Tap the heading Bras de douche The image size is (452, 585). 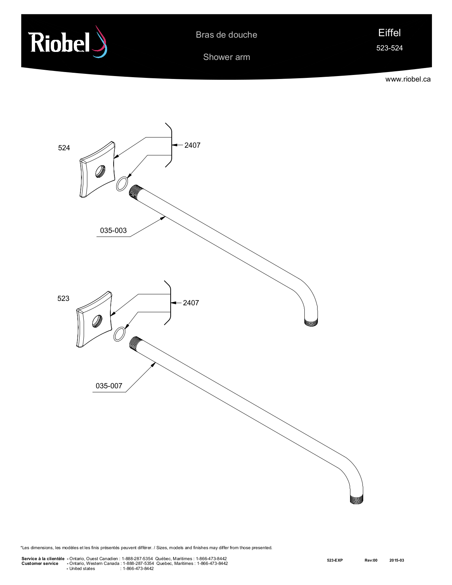pyautogui.click(x=226, y=35)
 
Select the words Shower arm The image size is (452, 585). pyautogui.click(x=227, y=57)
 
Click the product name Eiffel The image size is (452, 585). pyautogui.click(x=389, y=33)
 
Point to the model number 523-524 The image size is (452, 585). pyautogui.click(x=389, y=48)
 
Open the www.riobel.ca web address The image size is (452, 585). pyautogui.click(x=408, y=79)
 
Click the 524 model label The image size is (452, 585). pyautogui.click(x=64, y=148)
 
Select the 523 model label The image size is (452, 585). pyautogui.click(x=63, y=298)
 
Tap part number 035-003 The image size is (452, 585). pyautogui.click(x=113, y=230)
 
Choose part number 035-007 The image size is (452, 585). pyautogui.click(x=109, y=386)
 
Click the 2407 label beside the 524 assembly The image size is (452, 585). pyautogui.click(x=192, y=146)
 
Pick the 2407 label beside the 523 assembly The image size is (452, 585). pyautogui.click(x=191, y=303)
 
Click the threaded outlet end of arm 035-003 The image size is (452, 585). pyautogui.click(x=311, y=322)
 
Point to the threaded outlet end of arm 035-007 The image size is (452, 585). pyautogui.click(x=357, y=499)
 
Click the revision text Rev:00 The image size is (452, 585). pyautogui.click(x=371, y=560)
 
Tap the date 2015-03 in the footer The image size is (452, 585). pyautogui.click(x=397, y=560)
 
